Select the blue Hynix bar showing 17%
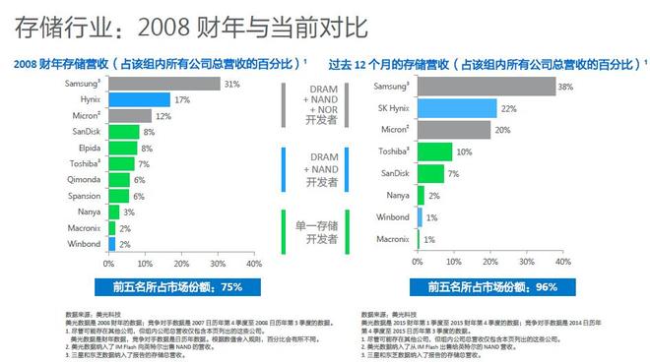[x=139, y=100]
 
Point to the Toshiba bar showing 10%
[x=434, y=151]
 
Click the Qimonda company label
[x=84, y=180]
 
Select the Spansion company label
[x=84, y=196]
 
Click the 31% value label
[x=232, y=85]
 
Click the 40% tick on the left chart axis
[x=253, y=263]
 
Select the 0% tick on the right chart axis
[x=418, y=263]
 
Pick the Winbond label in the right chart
[x=391, y=215]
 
